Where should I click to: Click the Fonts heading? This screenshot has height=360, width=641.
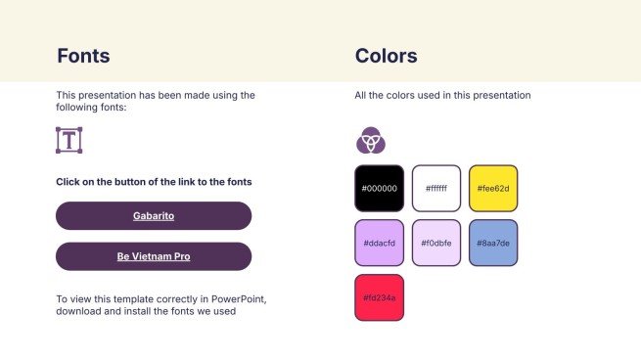pyautogui.click(x=83, y=56)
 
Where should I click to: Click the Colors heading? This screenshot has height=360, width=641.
pyautogui.click(x=386, y=56)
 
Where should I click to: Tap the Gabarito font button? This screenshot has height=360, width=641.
pyautogui.click(x=154, y=216)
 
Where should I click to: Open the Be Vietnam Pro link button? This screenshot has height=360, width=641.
pyautogui.click(x=154, y=256)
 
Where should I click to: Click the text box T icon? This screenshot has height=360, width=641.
pyautogui.click(x=69, y=140)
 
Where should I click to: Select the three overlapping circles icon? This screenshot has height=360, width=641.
pyautogui.click(x=371, y=140)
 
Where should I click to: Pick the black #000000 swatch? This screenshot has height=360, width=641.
pyautogui.click(x=380, y=189)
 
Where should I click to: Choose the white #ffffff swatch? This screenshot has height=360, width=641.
pyautogui.click(x=436, y=189)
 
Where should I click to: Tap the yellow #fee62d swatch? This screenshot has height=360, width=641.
pyautogui.click(x=493, y=189)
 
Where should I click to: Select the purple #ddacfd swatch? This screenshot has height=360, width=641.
pyautogui.click(x=380, y=244)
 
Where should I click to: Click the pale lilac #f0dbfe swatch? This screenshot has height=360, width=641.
pyautogui.click(x=436, y=244)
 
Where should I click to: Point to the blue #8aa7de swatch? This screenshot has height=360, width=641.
pyautogui.click(x=493, y=244)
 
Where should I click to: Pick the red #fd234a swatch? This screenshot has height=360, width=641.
pyautogui.click(x=380, y=297)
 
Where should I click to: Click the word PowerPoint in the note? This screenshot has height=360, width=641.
pyautogui.click(x=239, y=299)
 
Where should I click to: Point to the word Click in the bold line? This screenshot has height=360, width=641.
pyautogui.click(x=68, y=182)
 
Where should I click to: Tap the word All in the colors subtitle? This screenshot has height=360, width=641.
pyautogui.click(x=360, y=95)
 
